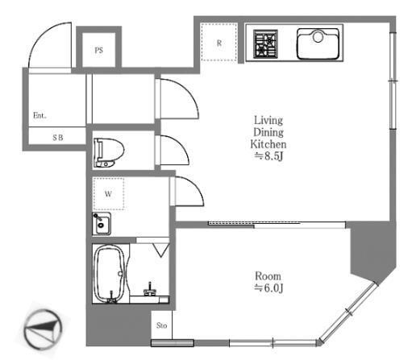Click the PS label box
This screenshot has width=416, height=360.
pyautogui.click(x=98, y=50)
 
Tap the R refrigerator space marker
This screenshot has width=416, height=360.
pyautogui.click(x=219, y=43)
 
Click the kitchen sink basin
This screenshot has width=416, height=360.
pyautogui.click(x=318, y=43)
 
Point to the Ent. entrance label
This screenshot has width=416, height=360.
pyautogui.click(x=40, y=115)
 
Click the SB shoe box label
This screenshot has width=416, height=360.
pyautogui.click(x=57, y=138)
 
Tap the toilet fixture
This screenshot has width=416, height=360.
pyautogui.click(x=108, y=150)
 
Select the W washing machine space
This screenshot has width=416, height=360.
pyautogui.click(x=107, y=193)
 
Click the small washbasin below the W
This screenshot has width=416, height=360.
pyautogui.click(x=102, y=223)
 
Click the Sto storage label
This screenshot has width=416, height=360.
pyautogui.click(x=160, y=326)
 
